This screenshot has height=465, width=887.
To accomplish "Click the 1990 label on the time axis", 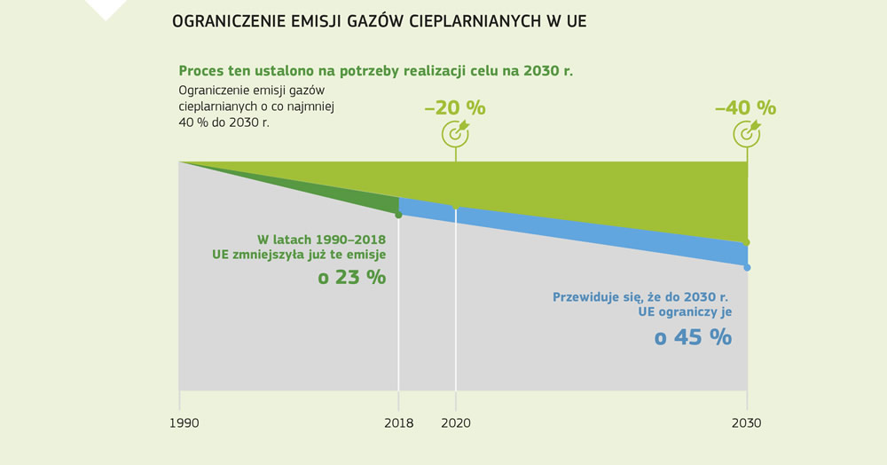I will pyautogui.click(x=184, y=423).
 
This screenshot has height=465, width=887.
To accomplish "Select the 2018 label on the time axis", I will pyautogui.click(x=399, y=423).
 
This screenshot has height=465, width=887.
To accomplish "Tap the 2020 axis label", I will pyautogui.click(x=456, y=423).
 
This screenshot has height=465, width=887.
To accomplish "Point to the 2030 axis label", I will pyautogui.click(x=746, y=423).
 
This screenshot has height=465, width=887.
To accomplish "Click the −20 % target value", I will pyautogui.click(x=455, y=107).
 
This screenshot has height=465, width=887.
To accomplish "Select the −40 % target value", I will pyautogui.click(x=745, y=107).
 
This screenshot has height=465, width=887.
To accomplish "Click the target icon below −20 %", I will pyautogui.click(x=455, y=133).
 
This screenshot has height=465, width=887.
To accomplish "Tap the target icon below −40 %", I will pyautogui.click(x=746, y=133).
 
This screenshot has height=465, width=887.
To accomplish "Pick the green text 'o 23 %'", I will pyautogui.click(x=351, y=277).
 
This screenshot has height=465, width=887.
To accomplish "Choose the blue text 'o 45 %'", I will pyautogui.click(x=693, y=337).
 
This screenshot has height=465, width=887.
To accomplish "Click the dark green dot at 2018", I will pyautogui.click(x=398, y=215).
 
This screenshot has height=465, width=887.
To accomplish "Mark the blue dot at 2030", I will pyautogui.click(x=747, y=267).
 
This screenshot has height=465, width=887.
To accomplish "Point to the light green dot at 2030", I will pyautogui.click(x=747, y=242).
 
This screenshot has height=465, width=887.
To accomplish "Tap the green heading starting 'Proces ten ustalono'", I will pyautogui.click(x=375, y=71).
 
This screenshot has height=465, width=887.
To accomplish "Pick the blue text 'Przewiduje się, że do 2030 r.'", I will pyautogui.click(x=640, y=296).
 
